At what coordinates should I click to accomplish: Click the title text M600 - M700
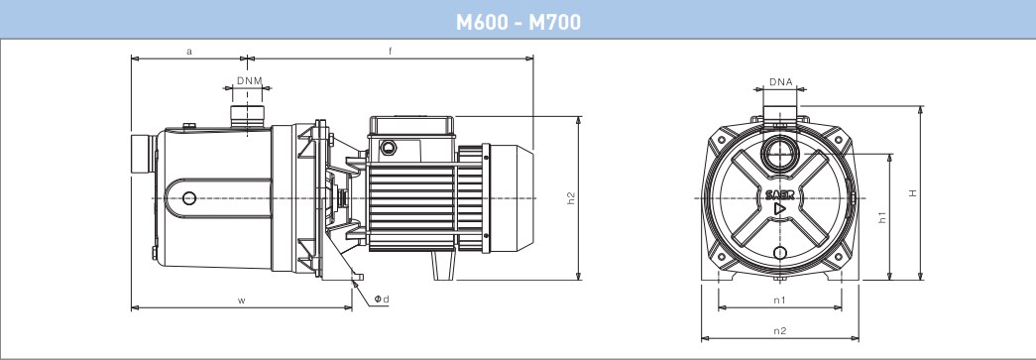coord(518,22)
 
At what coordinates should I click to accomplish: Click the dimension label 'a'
coord(189,51)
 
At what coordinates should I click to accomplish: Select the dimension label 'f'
coord(390,51)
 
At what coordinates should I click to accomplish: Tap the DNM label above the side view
coord(250,80)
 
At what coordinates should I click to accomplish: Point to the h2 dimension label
coord(571,198)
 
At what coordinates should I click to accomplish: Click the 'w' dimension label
coord(242,300)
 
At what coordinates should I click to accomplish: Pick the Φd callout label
coord(382,300)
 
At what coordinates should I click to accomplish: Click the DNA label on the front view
coord(780,82)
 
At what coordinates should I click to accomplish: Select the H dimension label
coord(913,192)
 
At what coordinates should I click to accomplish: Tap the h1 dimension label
coord(881,216)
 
